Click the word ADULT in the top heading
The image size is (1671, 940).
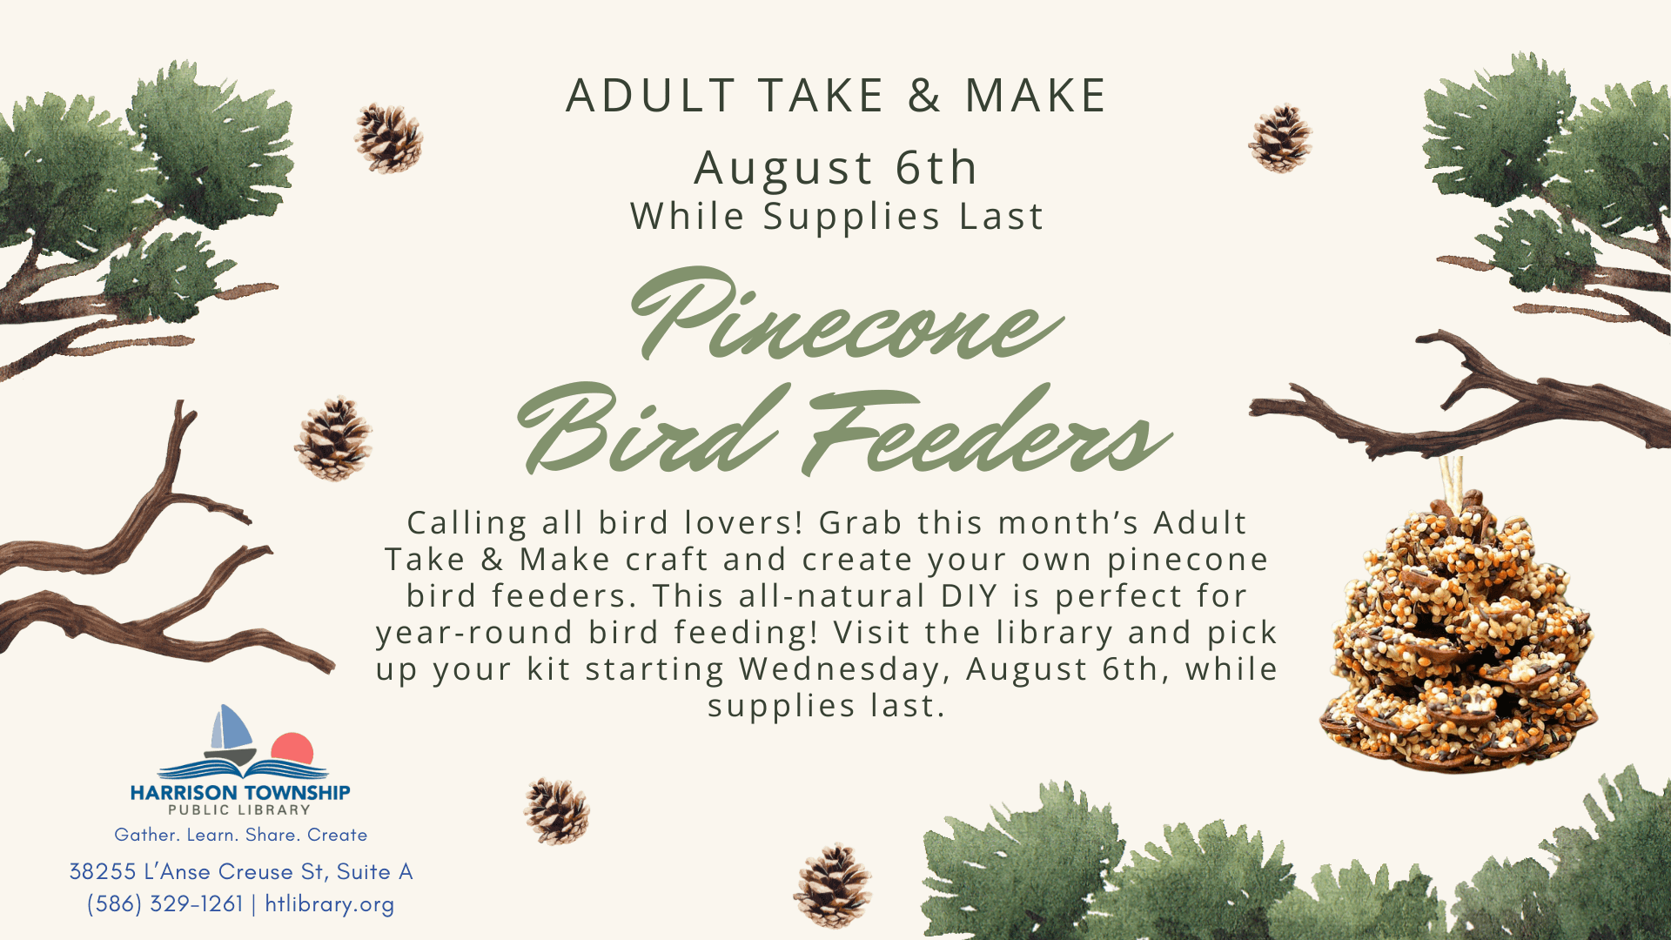pos(651,96)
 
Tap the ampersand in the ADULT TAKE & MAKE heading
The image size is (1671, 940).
pos(925,96)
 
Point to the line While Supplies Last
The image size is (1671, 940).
pos(836,217)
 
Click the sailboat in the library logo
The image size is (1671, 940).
pos(231,735)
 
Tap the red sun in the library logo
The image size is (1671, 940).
pos(292,749)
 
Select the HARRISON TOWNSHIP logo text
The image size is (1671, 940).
pos(240,793)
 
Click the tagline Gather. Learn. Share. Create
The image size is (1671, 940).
pos(241,835)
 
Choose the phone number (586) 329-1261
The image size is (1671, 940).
pos(164,904)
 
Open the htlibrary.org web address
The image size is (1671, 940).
pos(330,904)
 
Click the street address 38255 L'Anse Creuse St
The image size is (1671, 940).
pos(197,871)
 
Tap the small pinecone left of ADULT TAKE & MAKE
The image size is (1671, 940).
pos(388,138)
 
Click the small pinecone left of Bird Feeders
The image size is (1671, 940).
pos(333,438)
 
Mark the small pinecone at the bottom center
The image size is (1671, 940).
pos(833,885)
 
